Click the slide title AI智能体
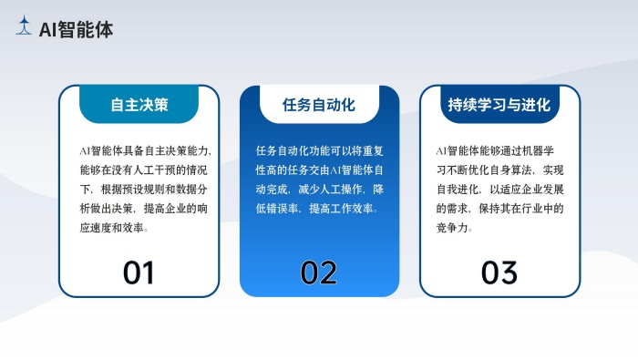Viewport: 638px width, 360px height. tap(77, 29)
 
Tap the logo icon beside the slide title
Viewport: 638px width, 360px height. tap(25, 27)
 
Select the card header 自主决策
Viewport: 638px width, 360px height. tap(139, 104)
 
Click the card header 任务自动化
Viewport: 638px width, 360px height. tap(319, 104)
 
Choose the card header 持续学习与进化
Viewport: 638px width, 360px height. tap(499, 104)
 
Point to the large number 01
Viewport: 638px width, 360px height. tap(139, 272)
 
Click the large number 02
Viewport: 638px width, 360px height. tap(319, 272)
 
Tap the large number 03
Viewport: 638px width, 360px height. tap(499, 272)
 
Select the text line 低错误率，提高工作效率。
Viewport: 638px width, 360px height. tap(317, 209)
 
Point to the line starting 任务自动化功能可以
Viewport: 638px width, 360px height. tap(319, 149)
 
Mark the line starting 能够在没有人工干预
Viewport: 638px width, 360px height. tap(145, 170)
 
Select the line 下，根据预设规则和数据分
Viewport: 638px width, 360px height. tap(145, 189)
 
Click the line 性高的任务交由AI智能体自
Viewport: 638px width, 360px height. tap(319, 170)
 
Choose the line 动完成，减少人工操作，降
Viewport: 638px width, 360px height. tap(319, 189)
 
